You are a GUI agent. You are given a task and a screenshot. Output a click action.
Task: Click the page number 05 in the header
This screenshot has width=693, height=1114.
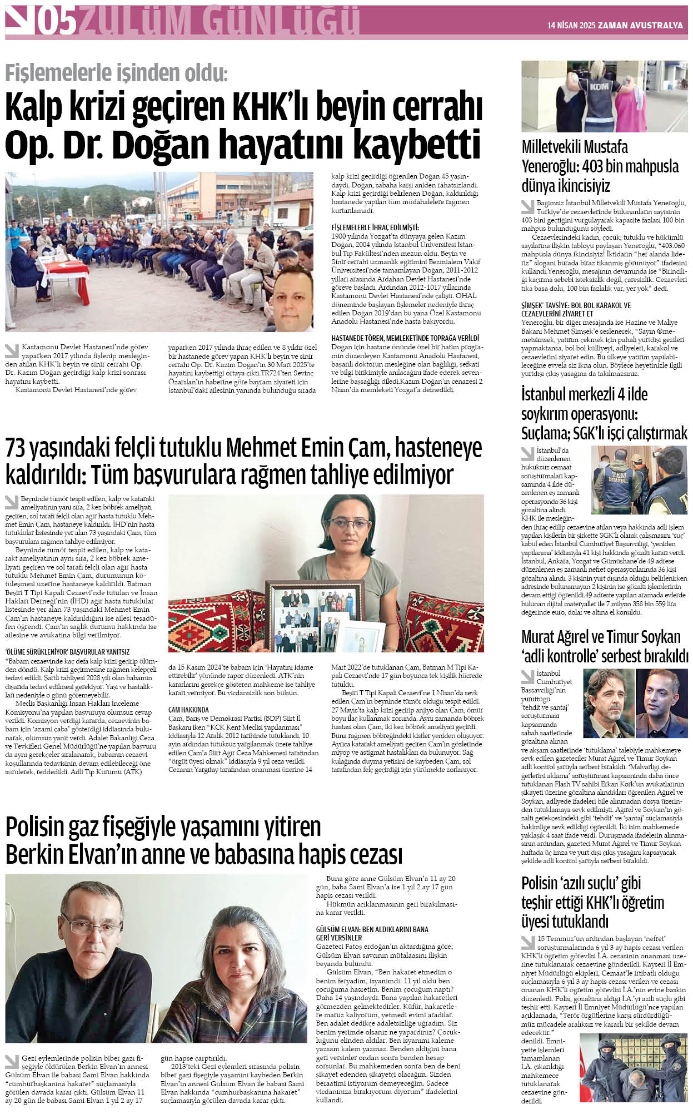click(x=55, y=22)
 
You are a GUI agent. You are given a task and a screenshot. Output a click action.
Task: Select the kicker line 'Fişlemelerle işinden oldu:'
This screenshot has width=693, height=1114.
click(x=116, y=73)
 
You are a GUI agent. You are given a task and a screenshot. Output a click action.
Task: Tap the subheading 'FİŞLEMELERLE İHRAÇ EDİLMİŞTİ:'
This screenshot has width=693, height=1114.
click(x=375, y=227)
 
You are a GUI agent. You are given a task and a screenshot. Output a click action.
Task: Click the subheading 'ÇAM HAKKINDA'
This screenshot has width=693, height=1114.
click(x=188, y=710)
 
